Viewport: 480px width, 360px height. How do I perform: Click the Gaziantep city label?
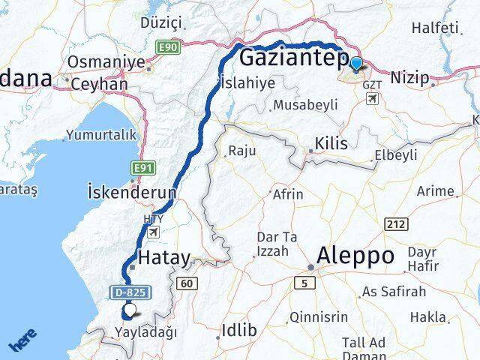coord(292,59)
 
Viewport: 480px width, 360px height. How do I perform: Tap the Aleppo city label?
coord(355,256)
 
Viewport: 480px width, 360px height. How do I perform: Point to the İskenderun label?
coord(131,191)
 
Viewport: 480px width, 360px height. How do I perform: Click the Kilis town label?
coord(331,142)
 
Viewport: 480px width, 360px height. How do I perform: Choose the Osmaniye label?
coord(106,61)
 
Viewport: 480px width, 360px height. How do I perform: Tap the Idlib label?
coord(239,330)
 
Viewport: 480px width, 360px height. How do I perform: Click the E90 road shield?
coord(168,47)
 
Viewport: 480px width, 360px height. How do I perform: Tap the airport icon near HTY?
coord(153,232)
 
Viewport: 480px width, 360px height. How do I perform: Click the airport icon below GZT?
coord(373,97)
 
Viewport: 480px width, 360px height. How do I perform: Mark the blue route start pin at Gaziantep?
coord(355,65)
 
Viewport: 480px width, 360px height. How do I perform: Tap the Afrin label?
coord(289,194)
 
